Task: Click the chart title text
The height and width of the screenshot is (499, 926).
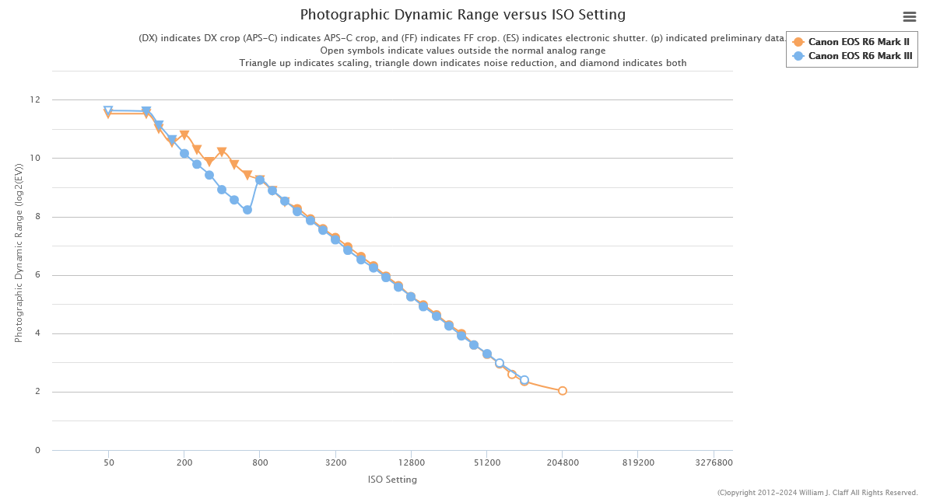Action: [462, 15]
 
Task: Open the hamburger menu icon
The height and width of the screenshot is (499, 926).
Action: [909, 16]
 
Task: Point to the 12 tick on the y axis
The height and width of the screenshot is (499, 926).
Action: [35, 100]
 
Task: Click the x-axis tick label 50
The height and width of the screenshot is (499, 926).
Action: [109, 462]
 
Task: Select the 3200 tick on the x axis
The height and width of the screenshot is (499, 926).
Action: [335, 462]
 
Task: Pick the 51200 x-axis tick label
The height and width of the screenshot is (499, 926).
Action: [486, 462]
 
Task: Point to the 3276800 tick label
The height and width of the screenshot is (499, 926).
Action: [714, 462]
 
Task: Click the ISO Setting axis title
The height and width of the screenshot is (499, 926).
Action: [392, 480]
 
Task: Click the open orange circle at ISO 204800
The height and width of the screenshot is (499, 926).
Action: [563, 391]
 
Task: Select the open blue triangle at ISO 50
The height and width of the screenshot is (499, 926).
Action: [108, 111]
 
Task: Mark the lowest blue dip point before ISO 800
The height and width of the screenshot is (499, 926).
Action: [247, 210]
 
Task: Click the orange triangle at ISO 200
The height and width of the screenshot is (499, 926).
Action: [184, 135]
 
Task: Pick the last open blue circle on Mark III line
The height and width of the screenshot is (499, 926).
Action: [524, 380]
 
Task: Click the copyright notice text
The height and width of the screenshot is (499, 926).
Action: [817, 493]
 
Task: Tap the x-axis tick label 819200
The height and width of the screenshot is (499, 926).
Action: [637, 462]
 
